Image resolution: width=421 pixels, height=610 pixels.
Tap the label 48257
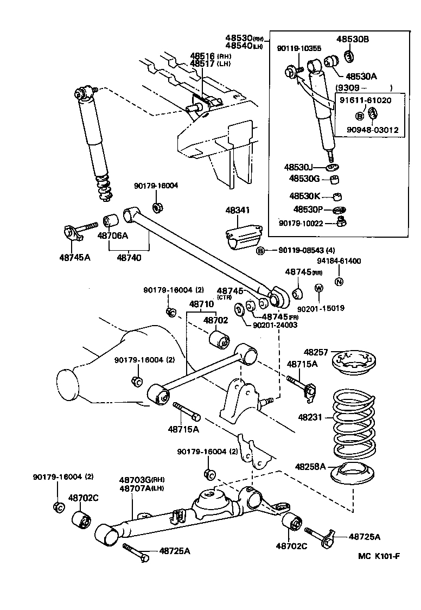click(316, 352)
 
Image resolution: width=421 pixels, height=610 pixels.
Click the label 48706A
click(113, 236)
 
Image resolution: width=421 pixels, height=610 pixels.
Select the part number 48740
click(129, 258)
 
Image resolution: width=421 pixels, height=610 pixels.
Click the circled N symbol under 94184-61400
click(339, 281)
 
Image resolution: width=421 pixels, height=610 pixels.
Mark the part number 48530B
click(352, 39)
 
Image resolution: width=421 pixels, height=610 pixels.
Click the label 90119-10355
click(298, 49)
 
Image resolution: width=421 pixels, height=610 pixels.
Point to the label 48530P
click(308, 209)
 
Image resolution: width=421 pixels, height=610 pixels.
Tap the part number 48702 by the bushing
click(215, 321)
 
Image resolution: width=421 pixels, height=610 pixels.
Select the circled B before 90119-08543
click(260, 250)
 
